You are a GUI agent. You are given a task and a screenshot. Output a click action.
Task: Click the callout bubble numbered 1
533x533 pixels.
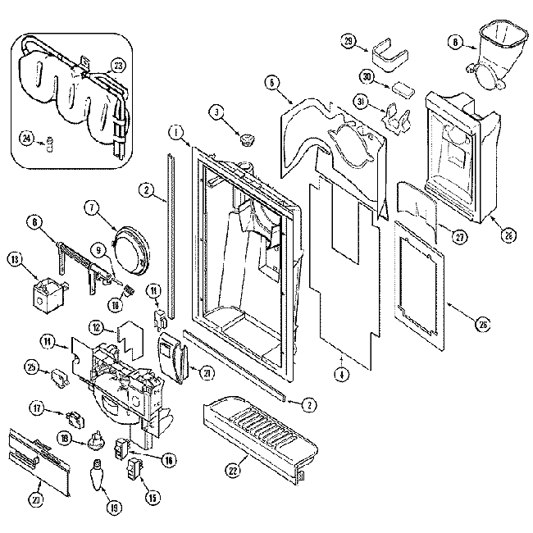tap(175, 131)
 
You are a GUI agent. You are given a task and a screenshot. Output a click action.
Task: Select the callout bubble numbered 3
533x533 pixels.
tap(217, 112)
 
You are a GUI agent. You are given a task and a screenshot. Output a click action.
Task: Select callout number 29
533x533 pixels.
tap(348, 43)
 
